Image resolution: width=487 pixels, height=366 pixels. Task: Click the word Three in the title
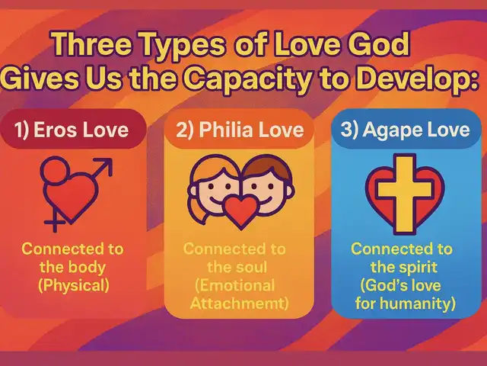pyautogui.click(x=92, y=43)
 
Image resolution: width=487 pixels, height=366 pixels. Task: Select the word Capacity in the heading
pyautogui.click(x=249, y=78)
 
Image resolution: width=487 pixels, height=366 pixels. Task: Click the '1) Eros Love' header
pyautogui.click(x=72, y=130)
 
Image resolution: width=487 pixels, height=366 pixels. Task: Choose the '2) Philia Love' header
pyautogui.click(x=240, y=130)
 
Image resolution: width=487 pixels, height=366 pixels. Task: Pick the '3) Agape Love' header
pyautogui.click(x=405, y=130)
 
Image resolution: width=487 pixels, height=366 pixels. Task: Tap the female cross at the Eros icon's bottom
pyautogui.click(x=55, y=222)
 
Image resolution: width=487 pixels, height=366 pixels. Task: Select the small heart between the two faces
pyautogui.click(x=241, y=212)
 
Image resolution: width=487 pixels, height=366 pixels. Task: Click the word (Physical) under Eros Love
pyautogui.click(x=74, y=286)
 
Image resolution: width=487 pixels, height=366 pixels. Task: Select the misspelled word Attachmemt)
pyautogui.click(x=239, y=303)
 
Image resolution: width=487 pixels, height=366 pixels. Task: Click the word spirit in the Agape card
pyautogui.click(x=419, y=268)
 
